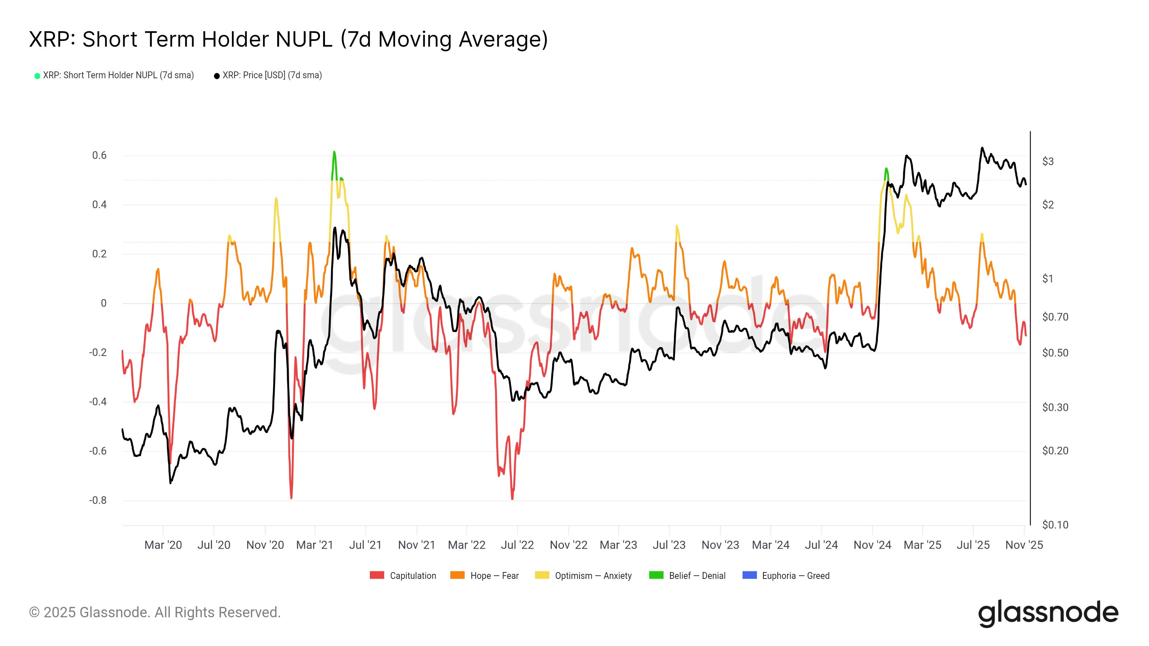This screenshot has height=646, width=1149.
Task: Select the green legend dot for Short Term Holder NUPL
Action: pos(37,76)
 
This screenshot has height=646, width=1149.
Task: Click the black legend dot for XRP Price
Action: pos(217,76)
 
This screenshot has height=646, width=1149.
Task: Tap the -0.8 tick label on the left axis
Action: pos(98,500)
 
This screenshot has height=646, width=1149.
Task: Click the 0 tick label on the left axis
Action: pos(103,303)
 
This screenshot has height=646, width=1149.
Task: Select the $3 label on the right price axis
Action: pos(1048,161)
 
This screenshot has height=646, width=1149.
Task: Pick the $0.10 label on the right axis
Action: pos(1055,525)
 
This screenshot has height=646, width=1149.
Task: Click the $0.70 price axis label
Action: pos(1055,317)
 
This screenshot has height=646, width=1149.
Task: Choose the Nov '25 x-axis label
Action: pos(1024,545)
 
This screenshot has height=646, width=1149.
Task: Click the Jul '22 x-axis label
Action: pos(517,545)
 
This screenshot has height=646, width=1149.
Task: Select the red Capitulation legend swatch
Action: pos(377,575)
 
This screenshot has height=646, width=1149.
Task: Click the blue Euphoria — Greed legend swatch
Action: pos(749,575)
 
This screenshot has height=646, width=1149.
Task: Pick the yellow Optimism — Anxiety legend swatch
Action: pos(542,575)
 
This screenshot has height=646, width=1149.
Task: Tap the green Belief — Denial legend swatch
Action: pos(656,575)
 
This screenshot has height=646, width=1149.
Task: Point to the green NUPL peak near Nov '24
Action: pos(886,170)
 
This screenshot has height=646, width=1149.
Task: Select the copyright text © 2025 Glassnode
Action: pos(155,612)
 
